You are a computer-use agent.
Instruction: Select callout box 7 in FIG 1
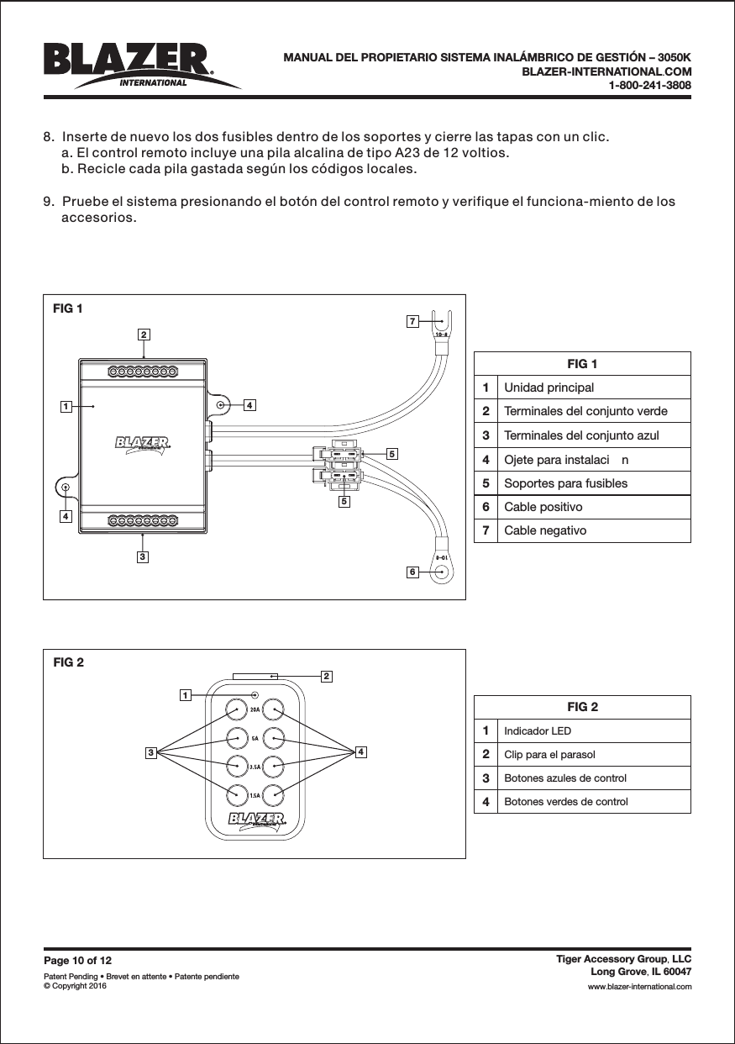[x=412, y=321]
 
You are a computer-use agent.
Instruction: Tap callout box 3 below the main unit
[x=144, y=556]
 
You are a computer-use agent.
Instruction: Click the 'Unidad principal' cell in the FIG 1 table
[x=549, y=388]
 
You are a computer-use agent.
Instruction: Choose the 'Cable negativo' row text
[x=545, y=530]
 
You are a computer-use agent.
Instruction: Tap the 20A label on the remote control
[x=254, y=709]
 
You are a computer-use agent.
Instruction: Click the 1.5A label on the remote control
[x=254, y=794]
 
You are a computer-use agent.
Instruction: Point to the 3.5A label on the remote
[x=254, y=767]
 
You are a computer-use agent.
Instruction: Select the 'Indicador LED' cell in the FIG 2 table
[x=537, y=731]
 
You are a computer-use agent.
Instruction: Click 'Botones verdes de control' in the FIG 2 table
[x=565, y=802]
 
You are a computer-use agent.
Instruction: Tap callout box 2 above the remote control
[x=326, y=676]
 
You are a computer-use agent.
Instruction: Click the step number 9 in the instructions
[x=48, y=203]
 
